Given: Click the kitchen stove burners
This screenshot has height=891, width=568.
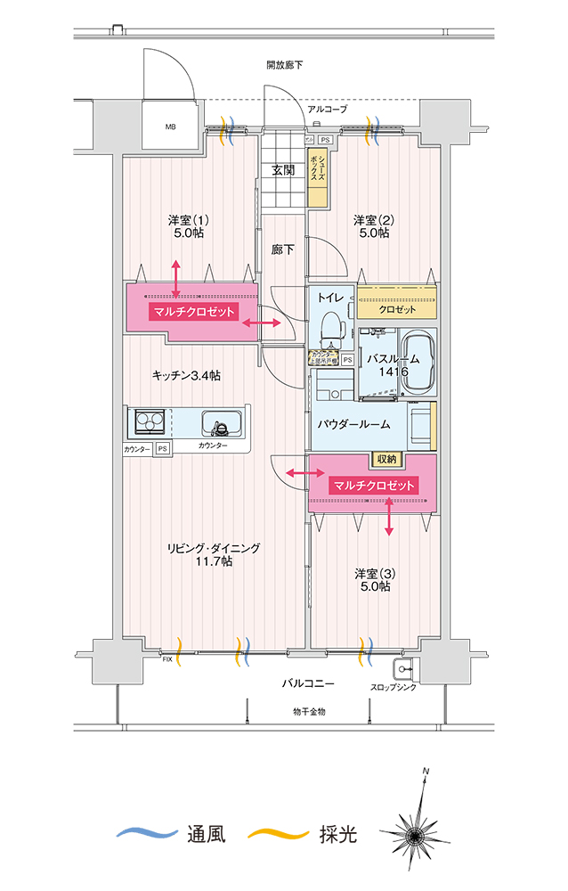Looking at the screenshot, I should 150,421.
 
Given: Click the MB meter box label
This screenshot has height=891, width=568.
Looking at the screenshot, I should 170,127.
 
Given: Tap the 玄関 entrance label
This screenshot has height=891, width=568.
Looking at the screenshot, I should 283,170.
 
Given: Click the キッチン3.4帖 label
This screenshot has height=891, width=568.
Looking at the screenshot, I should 186,375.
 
